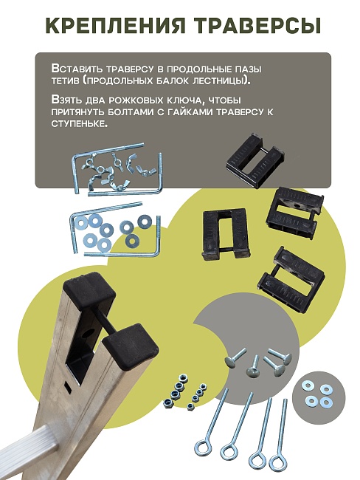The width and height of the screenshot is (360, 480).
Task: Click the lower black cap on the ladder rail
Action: (x=131, y=345)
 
